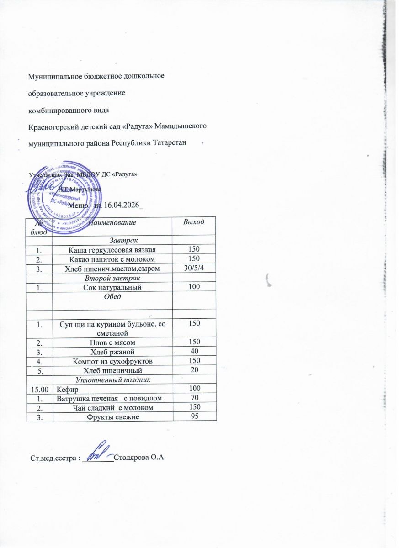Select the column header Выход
click(x=193, y=222)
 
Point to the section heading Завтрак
click(x=112, y=239)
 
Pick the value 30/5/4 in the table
click(x=193, y=268)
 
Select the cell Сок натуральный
click(x=112, y=287)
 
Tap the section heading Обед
click(x=112, y=297)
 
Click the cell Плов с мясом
click(x=112, y=342)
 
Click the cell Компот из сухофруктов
click(x=112, y=361)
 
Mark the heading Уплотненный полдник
click(x=112, y=379)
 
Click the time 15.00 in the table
click(x=38, y=390)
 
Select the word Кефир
click(x=67, y=390)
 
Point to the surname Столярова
click(x=132, y=458)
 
